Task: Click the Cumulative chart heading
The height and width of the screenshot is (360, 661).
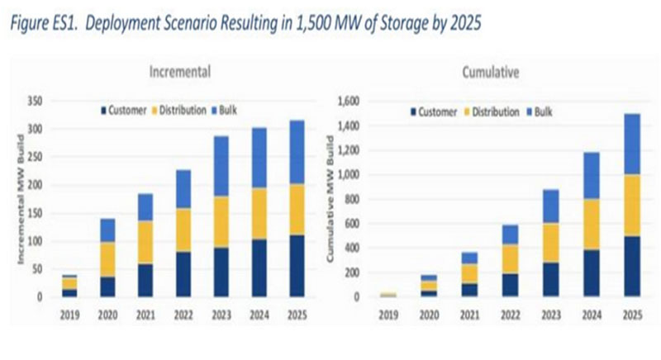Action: click(490, 73)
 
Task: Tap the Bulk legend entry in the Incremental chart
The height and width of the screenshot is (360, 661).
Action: click(225, 110)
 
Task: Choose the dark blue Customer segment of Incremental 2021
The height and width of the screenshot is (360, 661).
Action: click(145, 280)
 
